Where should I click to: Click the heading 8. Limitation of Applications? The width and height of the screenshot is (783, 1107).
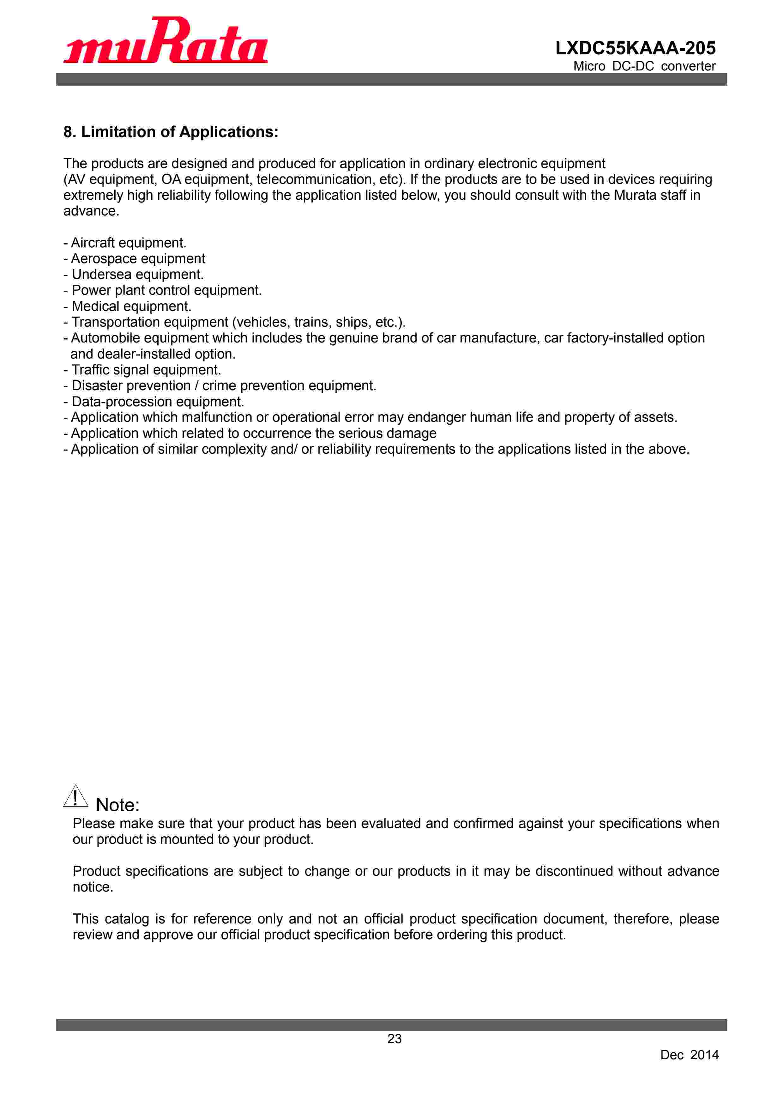(x=171, y=132)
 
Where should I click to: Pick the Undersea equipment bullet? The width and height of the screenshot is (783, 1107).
(x=134, y=274)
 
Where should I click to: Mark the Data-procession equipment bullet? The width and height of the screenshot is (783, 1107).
(x=154, y=402)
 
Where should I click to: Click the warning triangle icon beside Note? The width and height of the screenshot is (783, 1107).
(x=76, y=796)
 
